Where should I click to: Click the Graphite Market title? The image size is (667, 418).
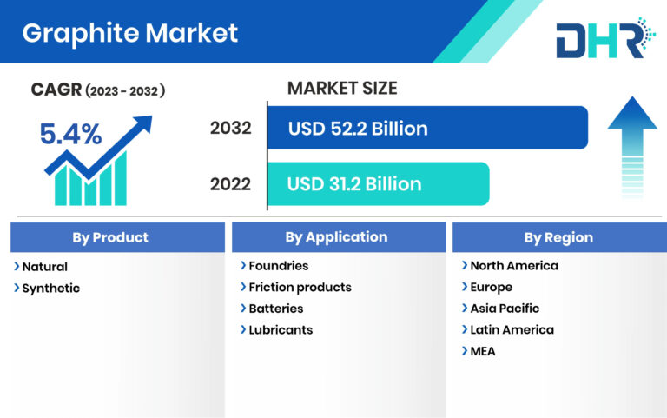(129, 33)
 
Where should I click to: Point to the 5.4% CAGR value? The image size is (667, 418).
(70, 134)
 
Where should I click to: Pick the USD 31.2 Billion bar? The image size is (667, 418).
(378, 183)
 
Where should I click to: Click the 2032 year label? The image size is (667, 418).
(230, 129)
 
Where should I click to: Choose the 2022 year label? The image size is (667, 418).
(230, 184)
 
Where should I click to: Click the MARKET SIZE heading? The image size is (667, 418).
(341, 88)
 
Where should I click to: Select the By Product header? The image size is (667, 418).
(116, 237)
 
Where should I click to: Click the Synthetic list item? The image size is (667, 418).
(50, 289)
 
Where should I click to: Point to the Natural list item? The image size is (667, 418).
(44, 267)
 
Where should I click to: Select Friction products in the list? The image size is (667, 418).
(300, 287)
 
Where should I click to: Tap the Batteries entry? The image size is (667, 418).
(275, 309)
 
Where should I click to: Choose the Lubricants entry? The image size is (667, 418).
(281, 329)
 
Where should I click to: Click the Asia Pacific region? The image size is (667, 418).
(504, 309)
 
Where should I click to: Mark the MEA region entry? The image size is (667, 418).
(483, 351)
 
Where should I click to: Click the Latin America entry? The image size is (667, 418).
(512, 329)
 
